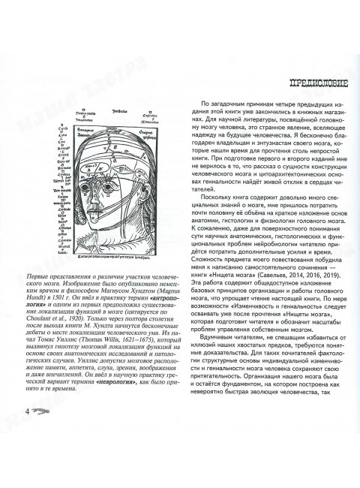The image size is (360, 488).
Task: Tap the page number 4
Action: click(x=28, y=453)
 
